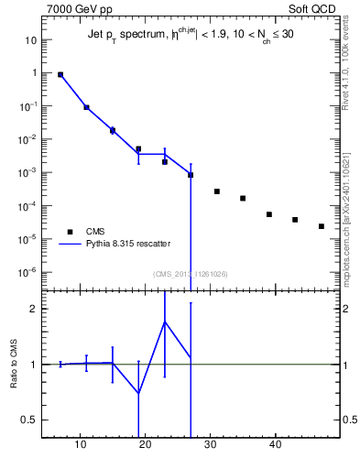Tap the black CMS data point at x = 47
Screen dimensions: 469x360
pyautogui.click(x=322, y=226)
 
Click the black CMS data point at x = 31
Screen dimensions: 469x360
pyautogui.click(x=217, y=191)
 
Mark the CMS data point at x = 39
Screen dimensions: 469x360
pyautogui.click(x=269, y=214)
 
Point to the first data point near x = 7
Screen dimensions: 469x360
pyautogui.click(x=60, y=75)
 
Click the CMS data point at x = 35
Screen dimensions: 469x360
pyautogui.click(x=243, y=198)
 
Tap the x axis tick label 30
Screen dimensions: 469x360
pyautogui.click(x=210, y=446)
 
